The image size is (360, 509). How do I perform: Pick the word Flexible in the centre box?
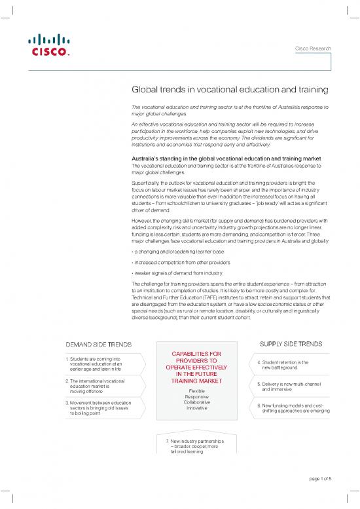coord(197,391)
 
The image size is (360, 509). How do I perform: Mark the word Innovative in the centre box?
coord(197,408)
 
